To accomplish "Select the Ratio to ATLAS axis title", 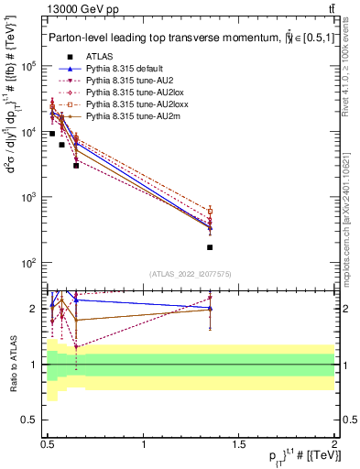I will coord(12,364).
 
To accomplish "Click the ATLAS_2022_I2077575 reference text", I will coord(190,274).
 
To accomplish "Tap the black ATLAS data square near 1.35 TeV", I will coord(210,247).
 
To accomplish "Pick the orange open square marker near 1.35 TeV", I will coord(210,211).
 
